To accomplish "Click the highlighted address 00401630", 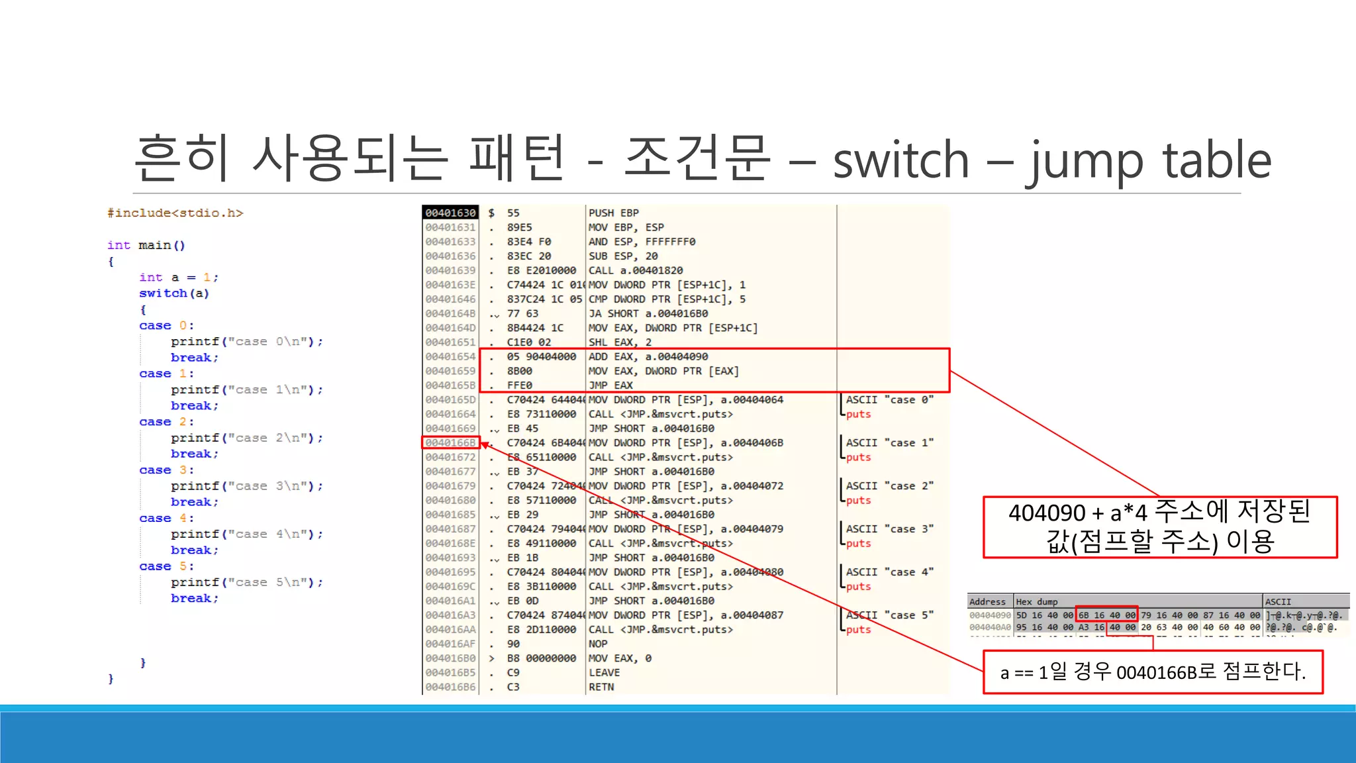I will click(x=450, y=213).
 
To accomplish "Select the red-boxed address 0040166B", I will click(x=450, y=442).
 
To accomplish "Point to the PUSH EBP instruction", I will click(x=613, y=213).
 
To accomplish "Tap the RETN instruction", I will click(x=601, y=687).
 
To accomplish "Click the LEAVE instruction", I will click(x=604, y=672).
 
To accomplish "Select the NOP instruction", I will click(x=597, y=644).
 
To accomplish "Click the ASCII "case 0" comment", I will click(x=889, y=400).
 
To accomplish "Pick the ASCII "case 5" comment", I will click(x=889, y=615).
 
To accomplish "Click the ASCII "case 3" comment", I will click(x=889, y=529).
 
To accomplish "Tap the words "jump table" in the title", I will click(x=1149, y=161).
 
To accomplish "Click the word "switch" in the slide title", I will click(x=900, y=161).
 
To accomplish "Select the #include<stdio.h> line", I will click(x=175, y=213).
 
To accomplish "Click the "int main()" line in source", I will click(x=146, y=245).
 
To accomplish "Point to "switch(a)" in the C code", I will click(x=174, y=293).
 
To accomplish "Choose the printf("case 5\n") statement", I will click(x=246, y=582).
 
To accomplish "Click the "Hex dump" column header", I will click(x=1036, y=601).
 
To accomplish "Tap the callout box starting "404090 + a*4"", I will click(x=1159, y=527).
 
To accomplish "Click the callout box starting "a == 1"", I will click(x=1153, y=672).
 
